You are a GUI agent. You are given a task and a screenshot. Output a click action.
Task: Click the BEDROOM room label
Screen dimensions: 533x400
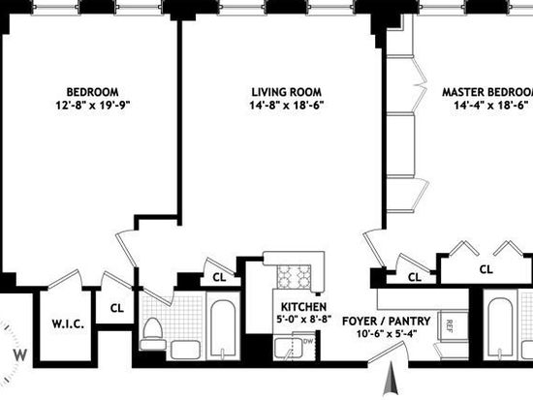coord(92,92)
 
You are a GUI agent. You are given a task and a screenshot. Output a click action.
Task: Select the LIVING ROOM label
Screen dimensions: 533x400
coord(286,92)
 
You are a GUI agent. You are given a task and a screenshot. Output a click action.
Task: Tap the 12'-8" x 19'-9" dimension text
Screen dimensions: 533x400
coord(93,106)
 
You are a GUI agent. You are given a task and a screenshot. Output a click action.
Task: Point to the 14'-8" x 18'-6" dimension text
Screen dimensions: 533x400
coord(287,106)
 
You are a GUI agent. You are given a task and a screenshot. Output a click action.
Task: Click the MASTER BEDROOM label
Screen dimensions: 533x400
coord(487,92)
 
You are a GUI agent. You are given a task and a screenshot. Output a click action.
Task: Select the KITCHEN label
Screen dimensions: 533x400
coord(303,307)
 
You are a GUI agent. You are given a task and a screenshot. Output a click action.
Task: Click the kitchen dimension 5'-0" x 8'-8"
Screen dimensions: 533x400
coord(303,320)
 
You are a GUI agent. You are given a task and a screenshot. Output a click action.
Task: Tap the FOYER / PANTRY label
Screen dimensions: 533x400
coord(386,321)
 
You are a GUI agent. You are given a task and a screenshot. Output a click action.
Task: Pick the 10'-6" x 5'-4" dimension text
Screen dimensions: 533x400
coord(387,334)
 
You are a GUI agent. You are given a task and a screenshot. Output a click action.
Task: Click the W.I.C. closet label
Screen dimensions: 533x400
coord(68,323)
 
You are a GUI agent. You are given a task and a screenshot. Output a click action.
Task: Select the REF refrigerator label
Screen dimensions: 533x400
coord(449,326)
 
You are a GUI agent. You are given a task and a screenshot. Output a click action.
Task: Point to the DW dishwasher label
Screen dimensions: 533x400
coord(307,341)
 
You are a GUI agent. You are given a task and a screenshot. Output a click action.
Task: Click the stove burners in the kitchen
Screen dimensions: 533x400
coord(294,276)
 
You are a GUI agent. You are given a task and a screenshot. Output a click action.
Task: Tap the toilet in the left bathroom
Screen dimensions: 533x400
coord(151,333)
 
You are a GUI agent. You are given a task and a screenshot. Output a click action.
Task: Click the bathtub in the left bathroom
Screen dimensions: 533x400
coord(222,329)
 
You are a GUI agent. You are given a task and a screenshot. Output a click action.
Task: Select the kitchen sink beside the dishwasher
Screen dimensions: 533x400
coord(288,349)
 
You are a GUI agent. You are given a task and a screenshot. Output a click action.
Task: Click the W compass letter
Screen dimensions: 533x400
coord(20,355)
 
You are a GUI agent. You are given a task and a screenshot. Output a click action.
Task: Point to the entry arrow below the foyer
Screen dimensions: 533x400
coord(391,379)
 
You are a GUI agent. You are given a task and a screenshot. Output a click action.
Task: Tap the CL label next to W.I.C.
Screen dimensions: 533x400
coord(117,308)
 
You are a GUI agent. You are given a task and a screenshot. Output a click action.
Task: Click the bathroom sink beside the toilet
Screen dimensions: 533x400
coord(185,350)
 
